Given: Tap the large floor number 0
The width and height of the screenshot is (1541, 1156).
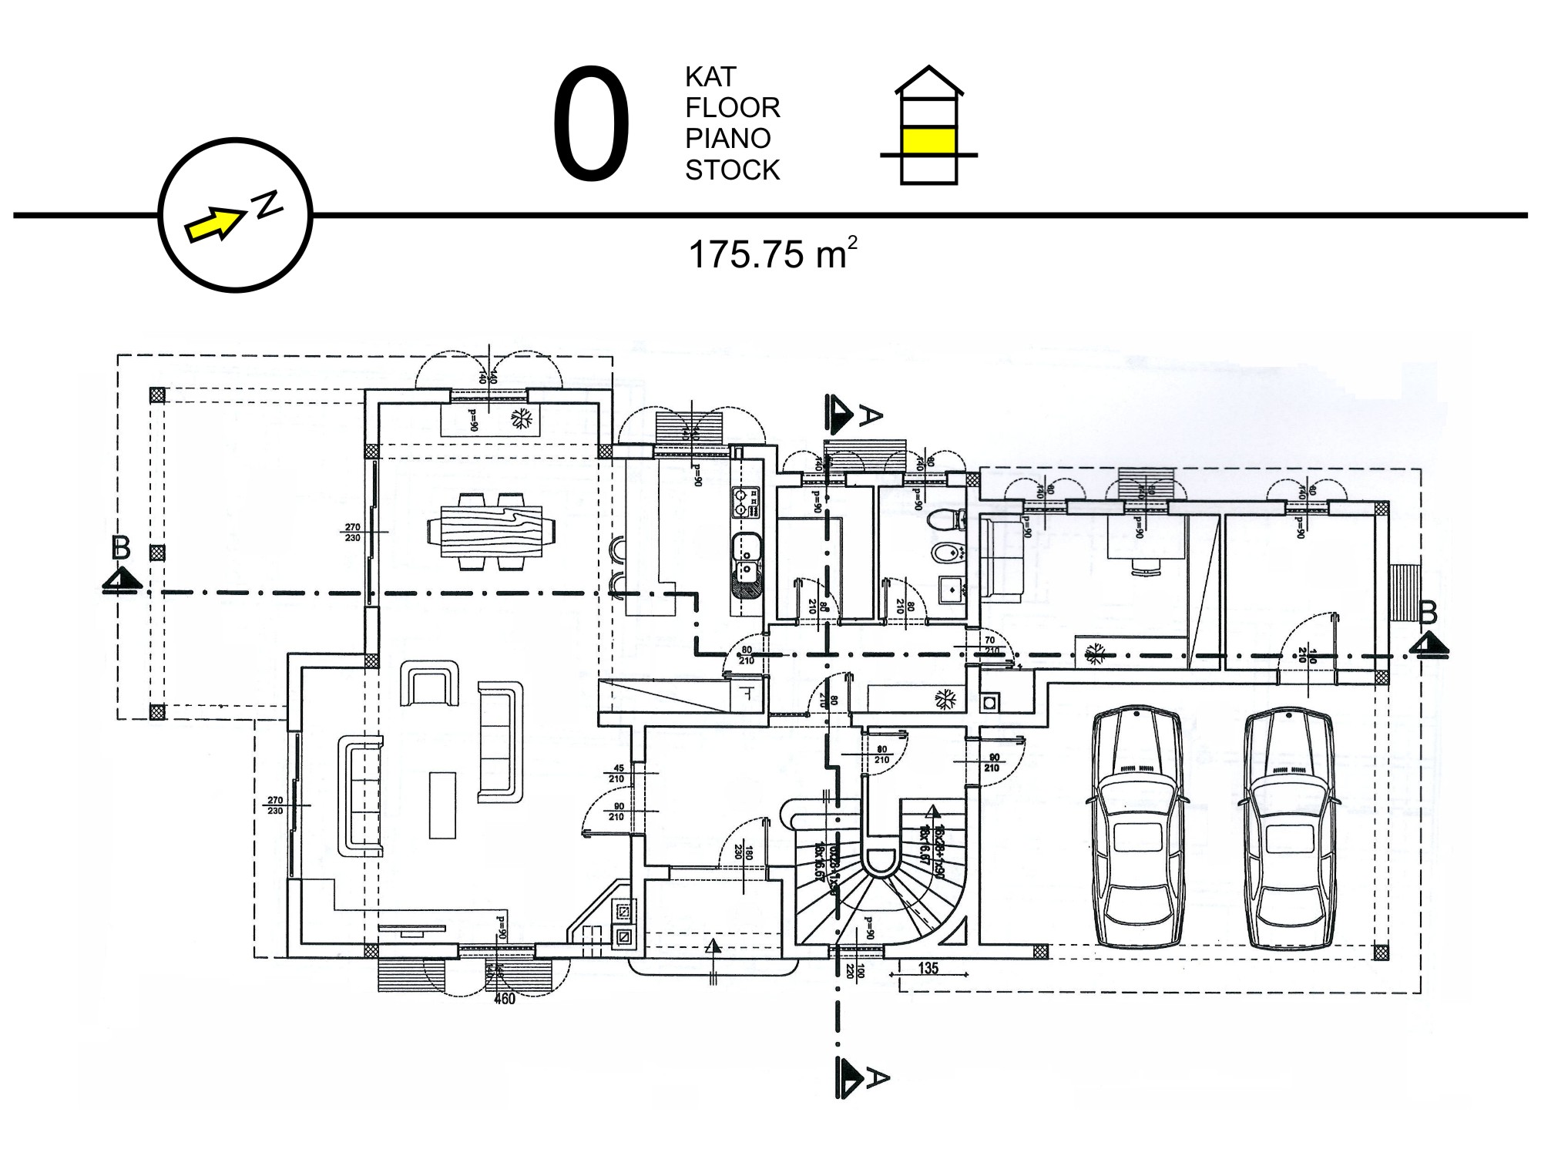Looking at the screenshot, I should [x=591, y=125].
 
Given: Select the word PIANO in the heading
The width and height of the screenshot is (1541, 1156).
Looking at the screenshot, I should [x=728, y=139].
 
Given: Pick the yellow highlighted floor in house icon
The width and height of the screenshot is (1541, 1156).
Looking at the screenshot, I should [x=929, y=141].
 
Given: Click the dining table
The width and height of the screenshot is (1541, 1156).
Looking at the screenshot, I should [x=491, y=530].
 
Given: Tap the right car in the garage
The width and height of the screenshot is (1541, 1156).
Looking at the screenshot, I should [x=1288, y=828].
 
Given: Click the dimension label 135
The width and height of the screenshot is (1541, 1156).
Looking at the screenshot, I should [x=928, y=968].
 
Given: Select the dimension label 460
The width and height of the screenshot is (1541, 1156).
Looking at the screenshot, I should [x=504, y=1000].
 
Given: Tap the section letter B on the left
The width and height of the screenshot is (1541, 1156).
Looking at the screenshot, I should [x=121, y=548].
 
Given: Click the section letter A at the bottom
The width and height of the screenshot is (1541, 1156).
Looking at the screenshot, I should [x=877, y=1077].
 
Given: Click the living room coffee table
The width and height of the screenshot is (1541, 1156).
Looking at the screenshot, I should [x=442, y=805].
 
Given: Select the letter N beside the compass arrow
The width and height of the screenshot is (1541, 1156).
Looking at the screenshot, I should [x=267, y=204].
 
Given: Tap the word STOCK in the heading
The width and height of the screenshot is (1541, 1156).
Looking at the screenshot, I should [x=732, y=170].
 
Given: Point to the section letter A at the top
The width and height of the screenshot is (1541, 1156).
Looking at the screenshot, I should [x=869, y=417].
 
